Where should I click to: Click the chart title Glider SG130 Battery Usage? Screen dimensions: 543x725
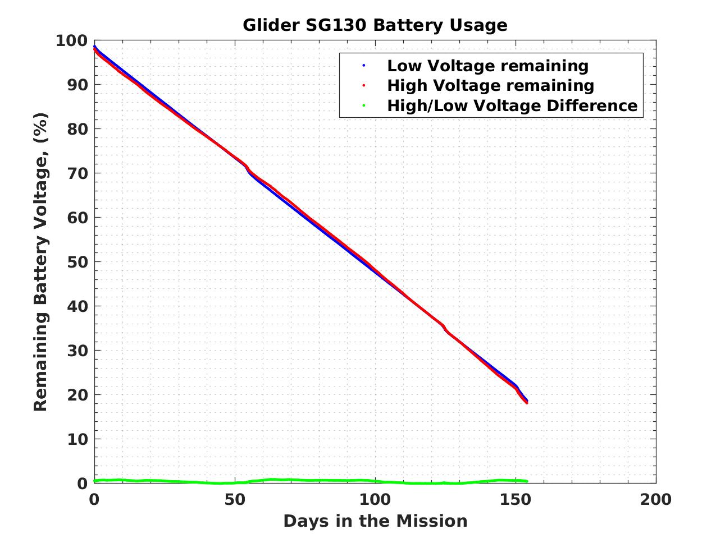[x=375, y=25]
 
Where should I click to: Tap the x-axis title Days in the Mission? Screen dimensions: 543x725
[x=375, y=521]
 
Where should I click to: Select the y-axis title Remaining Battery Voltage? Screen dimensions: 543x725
[x=41, y=262]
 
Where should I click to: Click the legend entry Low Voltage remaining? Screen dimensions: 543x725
[x=487, y=66]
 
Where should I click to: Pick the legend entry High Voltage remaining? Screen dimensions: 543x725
[x=490, y=85]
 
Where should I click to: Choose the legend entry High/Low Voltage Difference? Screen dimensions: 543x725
[x=512, y=105]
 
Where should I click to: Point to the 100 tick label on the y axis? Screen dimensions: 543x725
[x=71, y=40]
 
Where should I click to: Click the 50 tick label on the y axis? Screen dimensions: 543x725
[x=77, y=262]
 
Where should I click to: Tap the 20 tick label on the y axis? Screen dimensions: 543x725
[x=77, y=395]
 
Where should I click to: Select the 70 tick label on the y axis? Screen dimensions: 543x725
[x=77, y=173]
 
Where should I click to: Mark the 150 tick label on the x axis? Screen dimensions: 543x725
[x=515, y=499]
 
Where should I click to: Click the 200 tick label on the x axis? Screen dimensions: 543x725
[x=655, y=499]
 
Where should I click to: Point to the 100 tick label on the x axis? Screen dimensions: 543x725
[x=375, y=499]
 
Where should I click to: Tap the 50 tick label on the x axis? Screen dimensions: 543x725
[x=234, y=499]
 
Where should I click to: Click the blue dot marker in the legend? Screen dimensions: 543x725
[x=364, y=66]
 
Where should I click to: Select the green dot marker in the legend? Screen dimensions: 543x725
[x=364, y=105]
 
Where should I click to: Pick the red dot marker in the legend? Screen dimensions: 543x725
[x=364, y=85]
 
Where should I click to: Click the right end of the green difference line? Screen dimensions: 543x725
[x=526, y=481]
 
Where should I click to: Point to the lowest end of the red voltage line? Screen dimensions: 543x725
[x=527, y=403]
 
